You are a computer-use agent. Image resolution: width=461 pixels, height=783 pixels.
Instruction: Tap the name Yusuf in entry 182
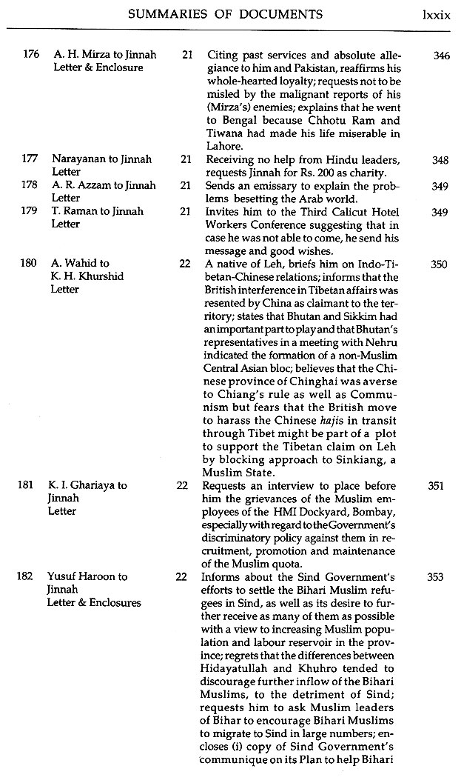pyautogui.click(x=67, y=576)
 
